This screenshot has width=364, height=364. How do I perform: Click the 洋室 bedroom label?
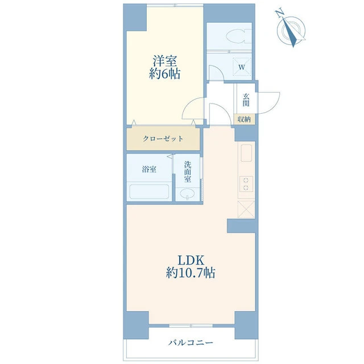click(x=165, y=61)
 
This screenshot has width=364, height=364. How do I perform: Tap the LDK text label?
click(x=191, y=260)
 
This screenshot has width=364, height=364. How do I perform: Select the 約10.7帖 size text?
click(x=191, y=272)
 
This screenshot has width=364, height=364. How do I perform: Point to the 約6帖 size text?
click(x=164, y=74)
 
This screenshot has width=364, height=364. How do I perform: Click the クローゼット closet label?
click(x=163, y=139)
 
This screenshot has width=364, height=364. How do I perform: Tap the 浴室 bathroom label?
click(x=149, y=169)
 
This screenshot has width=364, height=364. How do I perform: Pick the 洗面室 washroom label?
click(x=188, y=172)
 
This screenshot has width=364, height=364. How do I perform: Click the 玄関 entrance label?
click(x=246, y=100)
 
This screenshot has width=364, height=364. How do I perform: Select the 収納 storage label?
click(x=244, y=119)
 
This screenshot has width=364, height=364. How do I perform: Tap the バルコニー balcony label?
click(x=191, y=342)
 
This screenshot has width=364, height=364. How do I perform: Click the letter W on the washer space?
click(x=242, y=67)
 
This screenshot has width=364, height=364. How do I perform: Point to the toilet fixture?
click(x=239, y=36)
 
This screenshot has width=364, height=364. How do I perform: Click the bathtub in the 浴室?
click(x=149, y=192)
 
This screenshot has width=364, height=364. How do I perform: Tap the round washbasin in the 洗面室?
click(x=187, y=193)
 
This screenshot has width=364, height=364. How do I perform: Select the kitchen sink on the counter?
click(x=246, y=153)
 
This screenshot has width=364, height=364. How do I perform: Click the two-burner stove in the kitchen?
click(x=246, y=184)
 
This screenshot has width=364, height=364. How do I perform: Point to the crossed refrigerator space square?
click(x=246, y=210)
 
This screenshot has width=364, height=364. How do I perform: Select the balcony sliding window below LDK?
click(x=191, y=326)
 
